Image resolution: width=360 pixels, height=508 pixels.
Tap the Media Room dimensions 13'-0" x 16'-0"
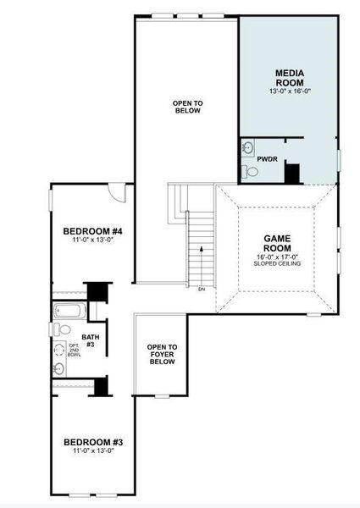tap(291, 91)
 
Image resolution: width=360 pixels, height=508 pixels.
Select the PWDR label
tap(267, 157)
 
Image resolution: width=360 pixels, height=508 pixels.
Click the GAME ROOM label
tap(278, 244)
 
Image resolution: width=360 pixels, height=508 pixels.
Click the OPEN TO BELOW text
tap(188, 107)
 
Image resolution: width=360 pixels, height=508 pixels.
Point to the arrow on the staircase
tap(201, 250)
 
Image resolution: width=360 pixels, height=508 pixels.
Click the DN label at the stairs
tap(202, 290)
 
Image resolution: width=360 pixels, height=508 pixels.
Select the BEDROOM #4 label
tap(93, 231)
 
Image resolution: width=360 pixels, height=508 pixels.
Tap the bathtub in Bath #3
tap(68, 311)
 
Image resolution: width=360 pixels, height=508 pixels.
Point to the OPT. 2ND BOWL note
tap(74, 351)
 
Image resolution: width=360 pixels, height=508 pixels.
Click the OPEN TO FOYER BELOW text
tap(161, 354)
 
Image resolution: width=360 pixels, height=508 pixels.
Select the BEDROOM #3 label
tap(94, 442)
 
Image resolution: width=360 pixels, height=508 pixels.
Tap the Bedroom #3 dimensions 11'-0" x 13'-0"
tap(94, 450)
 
